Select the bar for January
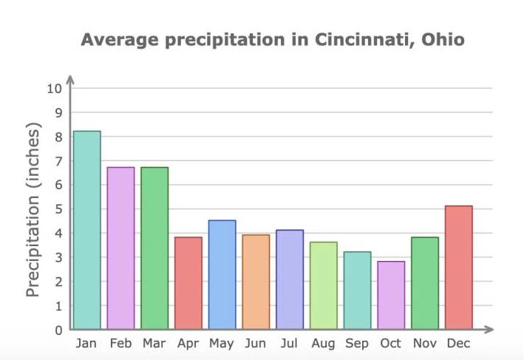[86, 230]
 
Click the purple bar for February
[120, 248]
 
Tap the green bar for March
[154, 248]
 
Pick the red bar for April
[188, 283]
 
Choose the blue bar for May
[222, 275]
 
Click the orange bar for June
[256, 282]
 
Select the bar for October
[391, 295]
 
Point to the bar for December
[458, 268]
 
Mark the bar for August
[323, 285]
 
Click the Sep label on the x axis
[357, 344]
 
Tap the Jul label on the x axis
[289, 344]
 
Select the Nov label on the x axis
[424, 344]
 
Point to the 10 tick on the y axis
[54, 89]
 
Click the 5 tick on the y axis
[58, 209]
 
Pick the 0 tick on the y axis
[58, 330]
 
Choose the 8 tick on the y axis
[58, 137]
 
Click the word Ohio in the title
[442, 39]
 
